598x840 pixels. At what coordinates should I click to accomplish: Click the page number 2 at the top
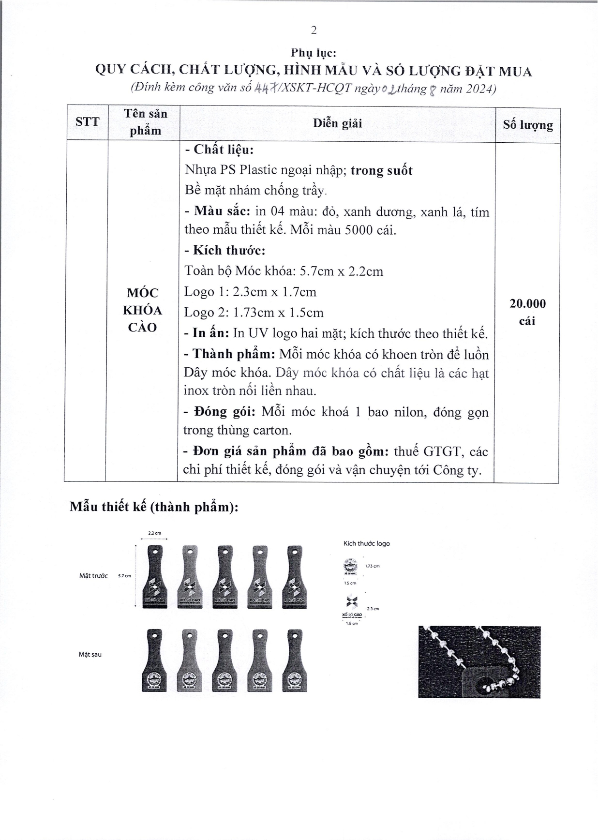click(x=314, y=30)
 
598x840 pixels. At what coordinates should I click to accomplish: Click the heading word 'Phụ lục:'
click(x=314, y=52)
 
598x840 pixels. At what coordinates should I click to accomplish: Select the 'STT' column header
click(x=87, y=122)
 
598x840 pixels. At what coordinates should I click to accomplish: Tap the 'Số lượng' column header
click(x=527, y=125)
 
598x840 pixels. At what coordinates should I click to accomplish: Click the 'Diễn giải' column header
click(x=337, y=123)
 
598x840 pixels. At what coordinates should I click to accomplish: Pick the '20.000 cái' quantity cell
click(x=527, y=312)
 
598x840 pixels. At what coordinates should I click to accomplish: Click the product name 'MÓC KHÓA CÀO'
click(x=142, y=310)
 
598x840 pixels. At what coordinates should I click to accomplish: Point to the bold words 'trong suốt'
click(x=381, y=170)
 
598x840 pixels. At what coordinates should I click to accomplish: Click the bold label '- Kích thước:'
click(x=224, y=250)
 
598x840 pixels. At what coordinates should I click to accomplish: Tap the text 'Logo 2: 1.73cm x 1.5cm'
click(x=254, y=313)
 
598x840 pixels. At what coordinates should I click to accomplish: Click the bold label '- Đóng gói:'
click(x=220, y=412)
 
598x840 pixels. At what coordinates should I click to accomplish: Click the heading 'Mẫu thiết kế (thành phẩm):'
click(x=154, y=507)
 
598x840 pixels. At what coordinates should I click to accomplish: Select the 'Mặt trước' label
click(x=93, y=576)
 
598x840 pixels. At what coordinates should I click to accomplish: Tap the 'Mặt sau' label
click(x=90, y=655)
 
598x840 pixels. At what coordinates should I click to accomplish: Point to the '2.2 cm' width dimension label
click(x=154, y=533)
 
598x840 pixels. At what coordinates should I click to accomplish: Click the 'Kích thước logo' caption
click(x=366, y=543)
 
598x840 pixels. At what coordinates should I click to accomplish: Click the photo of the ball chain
click(x=479, y=661)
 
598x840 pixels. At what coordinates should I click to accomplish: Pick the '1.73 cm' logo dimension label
click(x=373, y=566)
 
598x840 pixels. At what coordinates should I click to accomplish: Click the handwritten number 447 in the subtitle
click(x=265, y=89)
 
